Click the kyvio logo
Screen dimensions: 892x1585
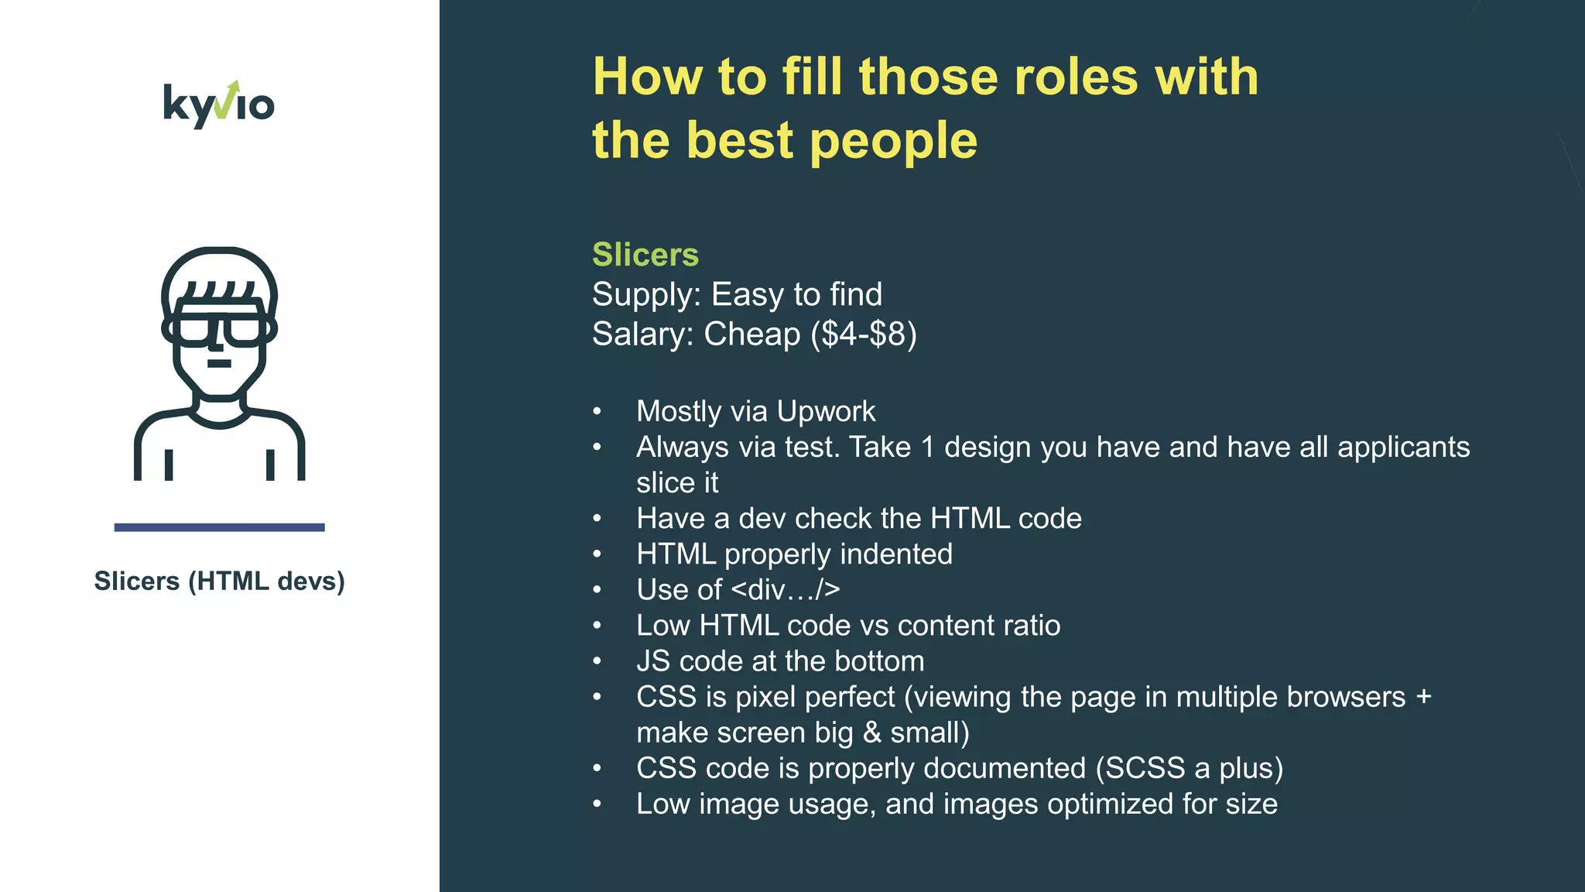[218, 105]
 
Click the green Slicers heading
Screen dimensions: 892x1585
[645, 255]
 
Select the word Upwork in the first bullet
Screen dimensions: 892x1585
[826, 411]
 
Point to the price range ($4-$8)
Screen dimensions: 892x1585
[863, 334]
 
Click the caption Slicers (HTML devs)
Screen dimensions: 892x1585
[219, 581]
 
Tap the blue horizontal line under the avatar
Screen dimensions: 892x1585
[219, 527]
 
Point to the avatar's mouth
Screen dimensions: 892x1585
[219, 363]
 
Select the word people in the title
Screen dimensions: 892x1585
[893, 141]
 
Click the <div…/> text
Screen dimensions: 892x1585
[785, 590]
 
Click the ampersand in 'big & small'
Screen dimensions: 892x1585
[871, 732]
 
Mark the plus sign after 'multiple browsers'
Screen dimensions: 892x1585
[1422, 697]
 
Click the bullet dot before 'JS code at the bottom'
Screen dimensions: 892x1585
[597, 661]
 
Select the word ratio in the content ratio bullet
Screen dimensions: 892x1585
[1027, 626]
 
